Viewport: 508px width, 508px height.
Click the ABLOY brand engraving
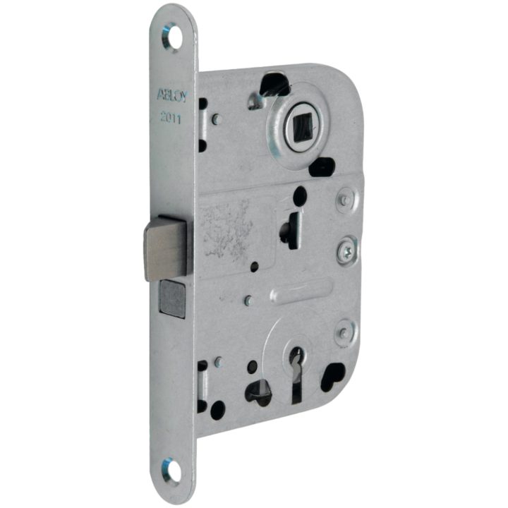(172, 95)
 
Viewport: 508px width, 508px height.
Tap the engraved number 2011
(171, 118)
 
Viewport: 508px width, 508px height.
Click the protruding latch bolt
(165, 248)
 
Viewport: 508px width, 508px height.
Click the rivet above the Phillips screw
(345, 198)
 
